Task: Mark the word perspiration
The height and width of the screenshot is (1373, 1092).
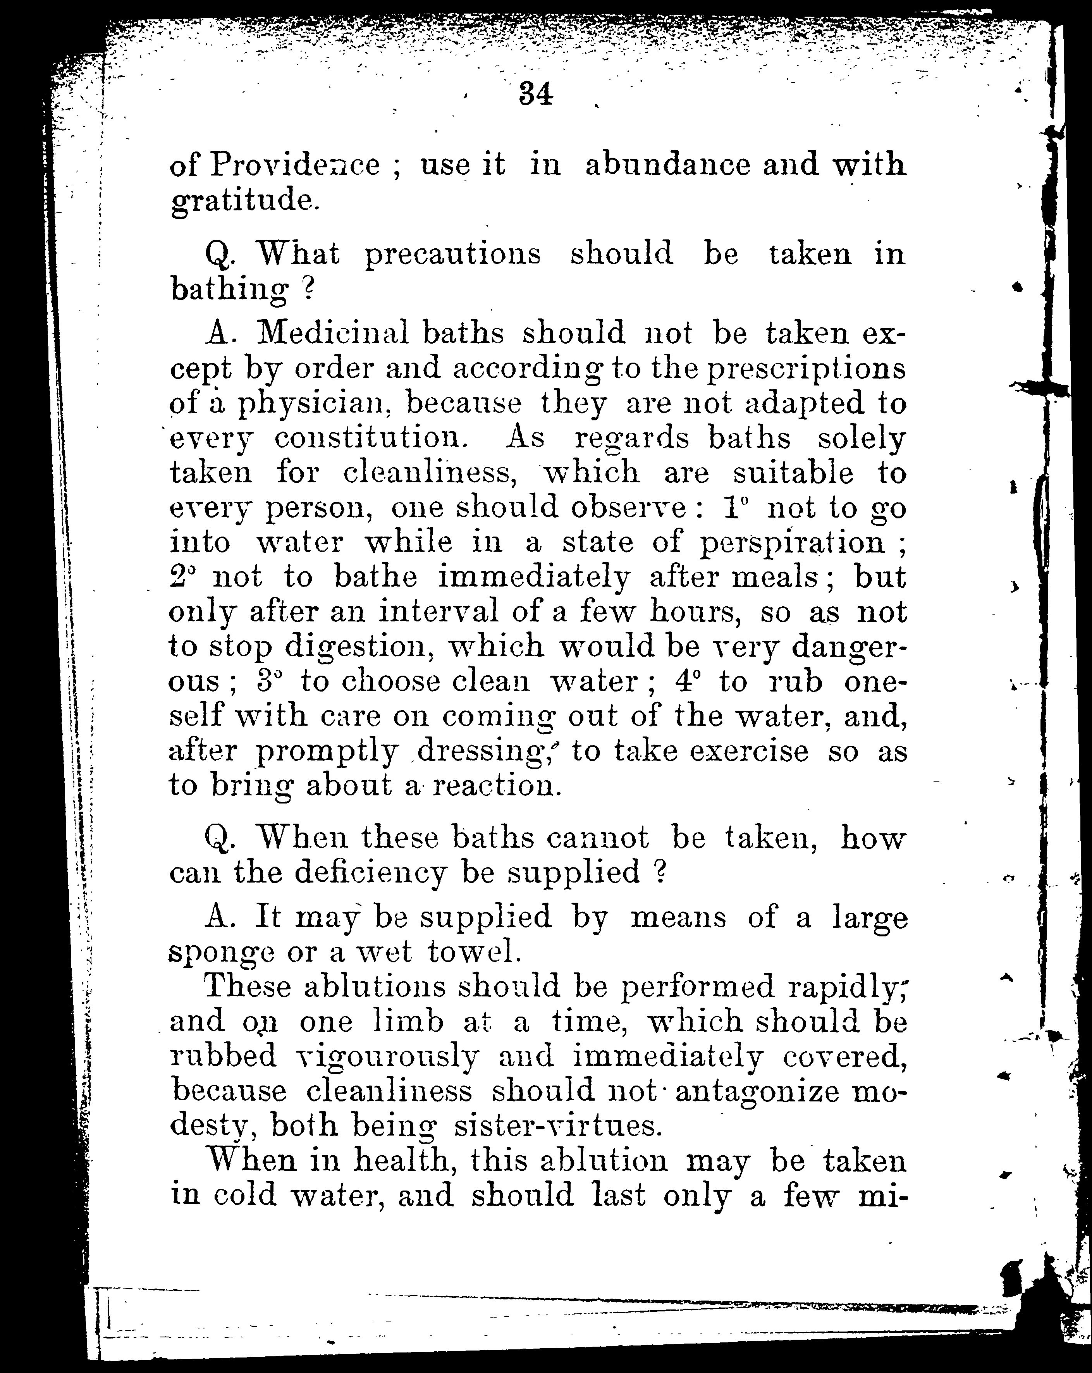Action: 792,543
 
